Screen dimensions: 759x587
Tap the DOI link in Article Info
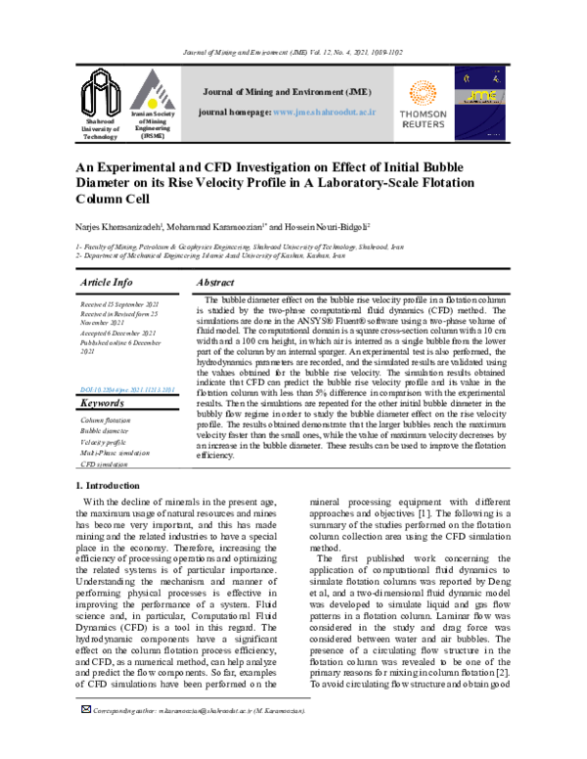click(x=126, y=389)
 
